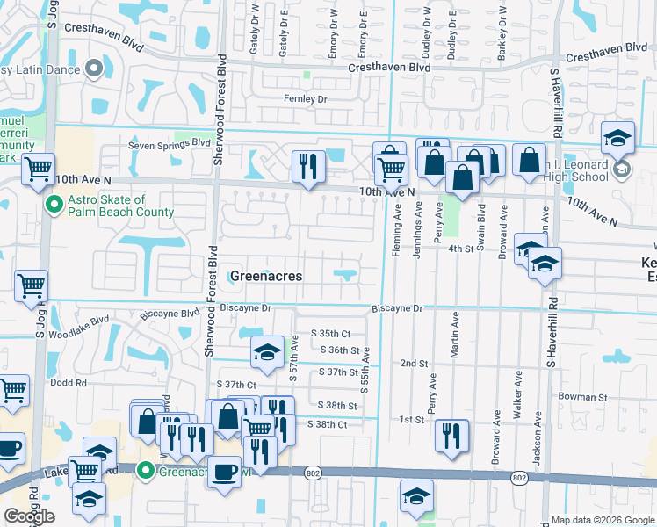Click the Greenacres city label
(x=265, y=276)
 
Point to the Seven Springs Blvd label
(x=170, y=143)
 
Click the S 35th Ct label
(x=330, y=334)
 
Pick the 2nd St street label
(x=413, y=363)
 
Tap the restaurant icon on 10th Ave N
(x=307, y=167)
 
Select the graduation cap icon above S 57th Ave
(x=267, y=353)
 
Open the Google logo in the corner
(x=29, y=516)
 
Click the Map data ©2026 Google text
(x=602, y=520)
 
